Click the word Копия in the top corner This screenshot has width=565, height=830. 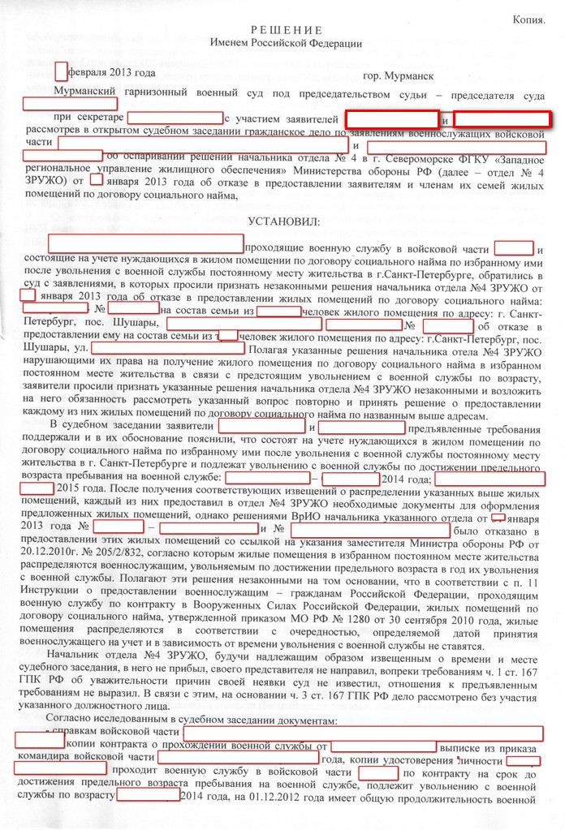click(x=528, y=18)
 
